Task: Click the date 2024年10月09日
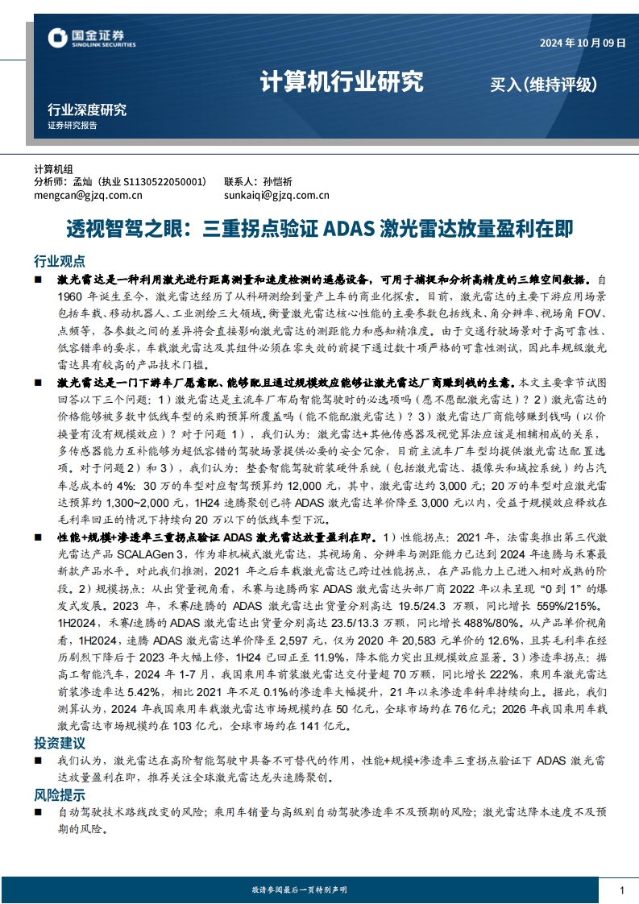(583, 44)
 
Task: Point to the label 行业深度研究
(87, 110)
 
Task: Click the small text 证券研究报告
(73, 126)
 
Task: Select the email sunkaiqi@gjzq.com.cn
(276, 194)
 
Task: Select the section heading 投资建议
(59, 740)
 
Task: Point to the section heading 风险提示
(59, 794)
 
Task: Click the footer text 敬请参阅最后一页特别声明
(299, 889)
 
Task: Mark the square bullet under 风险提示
(38, 813)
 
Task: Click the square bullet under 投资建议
(38, 761)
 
